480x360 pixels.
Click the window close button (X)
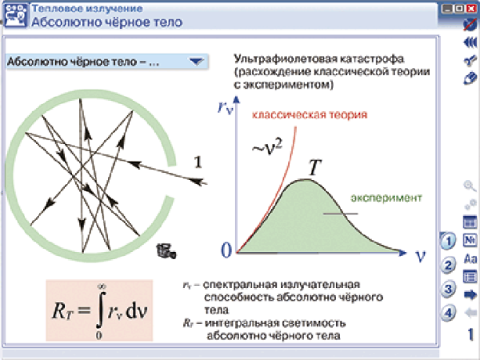470,8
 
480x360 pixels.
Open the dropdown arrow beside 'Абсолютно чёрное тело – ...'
194,61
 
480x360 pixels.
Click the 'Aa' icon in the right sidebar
470,258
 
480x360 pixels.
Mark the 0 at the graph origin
226,250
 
